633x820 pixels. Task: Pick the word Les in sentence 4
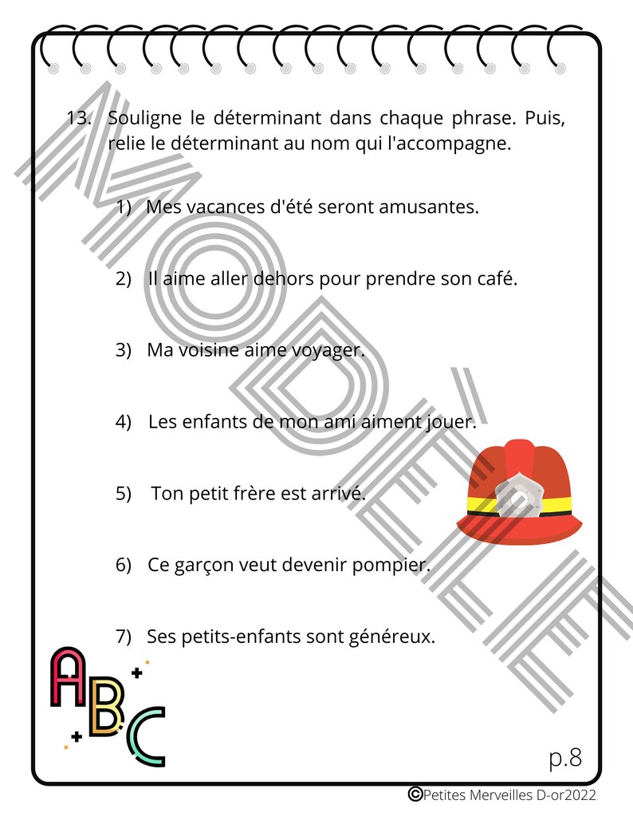pyautogui.click(x=163, y=422)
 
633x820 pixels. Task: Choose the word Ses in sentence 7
pyautogui.click(x=163, y=637)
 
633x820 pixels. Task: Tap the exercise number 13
pyautogui.click(x=78, y=119)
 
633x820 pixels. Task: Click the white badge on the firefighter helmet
pyautogui.click(x=517, y=497)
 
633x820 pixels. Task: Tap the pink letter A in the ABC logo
pyautogui.click(x=69, y=678)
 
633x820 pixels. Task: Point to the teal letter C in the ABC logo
pyautogui.click(x=144, y=738)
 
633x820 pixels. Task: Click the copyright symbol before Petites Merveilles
pyautogui.click(x=415, y=794)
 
